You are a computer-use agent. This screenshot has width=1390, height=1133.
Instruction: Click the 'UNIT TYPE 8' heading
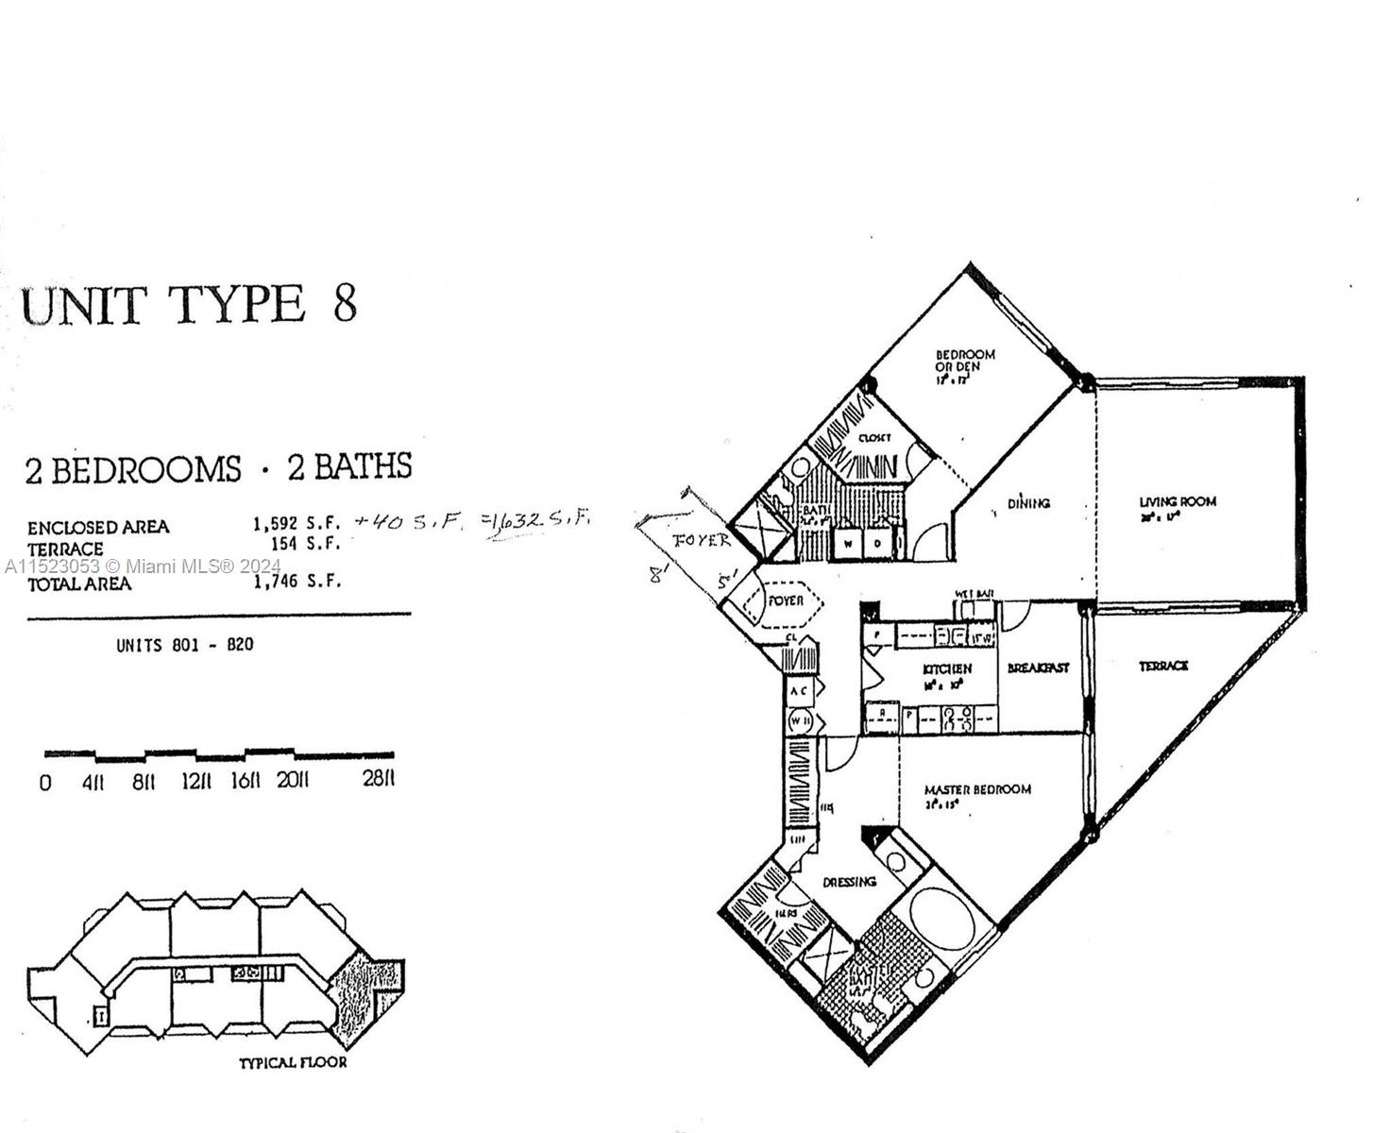[189, 305]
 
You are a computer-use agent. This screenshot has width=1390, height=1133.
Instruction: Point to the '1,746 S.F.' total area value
[296, 582]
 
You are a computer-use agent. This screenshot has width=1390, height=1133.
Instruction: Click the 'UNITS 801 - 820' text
[184, 646]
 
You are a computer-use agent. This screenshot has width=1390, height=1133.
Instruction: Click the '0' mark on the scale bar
[45, 783]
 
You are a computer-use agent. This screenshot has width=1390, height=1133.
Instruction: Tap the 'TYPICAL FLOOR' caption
[293, 1062]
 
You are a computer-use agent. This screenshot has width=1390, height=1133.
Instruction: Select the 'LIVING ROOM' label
[1178, 502]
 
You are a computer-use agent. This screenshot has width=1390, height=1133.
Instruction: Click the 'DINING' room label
[1028, 503]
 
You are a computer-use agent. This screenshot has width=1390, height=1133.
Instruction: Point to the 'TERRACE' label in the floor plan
[1162, 667]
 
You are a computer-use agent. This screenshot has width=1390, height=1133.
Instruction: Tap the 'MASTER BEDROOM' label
[977, 789]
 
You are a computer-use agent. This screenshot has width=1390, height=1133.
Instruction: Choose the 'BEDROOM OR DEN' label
[964, 361]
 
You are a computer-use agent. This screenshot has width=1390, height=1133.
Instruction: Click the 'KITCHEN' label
[946, 669]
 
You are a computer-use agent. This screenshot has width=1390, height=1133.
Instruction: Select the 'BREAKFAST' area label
[1038, 668]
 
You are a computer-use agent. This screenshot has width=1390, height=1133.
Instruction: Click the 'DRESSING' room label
[849, 882]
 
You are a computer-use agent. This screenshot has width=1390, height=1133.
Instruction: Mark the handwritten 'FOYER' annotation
[701, 541]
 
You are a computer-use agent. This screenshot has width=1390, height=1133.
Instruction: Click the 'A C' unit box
[799, 691]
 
